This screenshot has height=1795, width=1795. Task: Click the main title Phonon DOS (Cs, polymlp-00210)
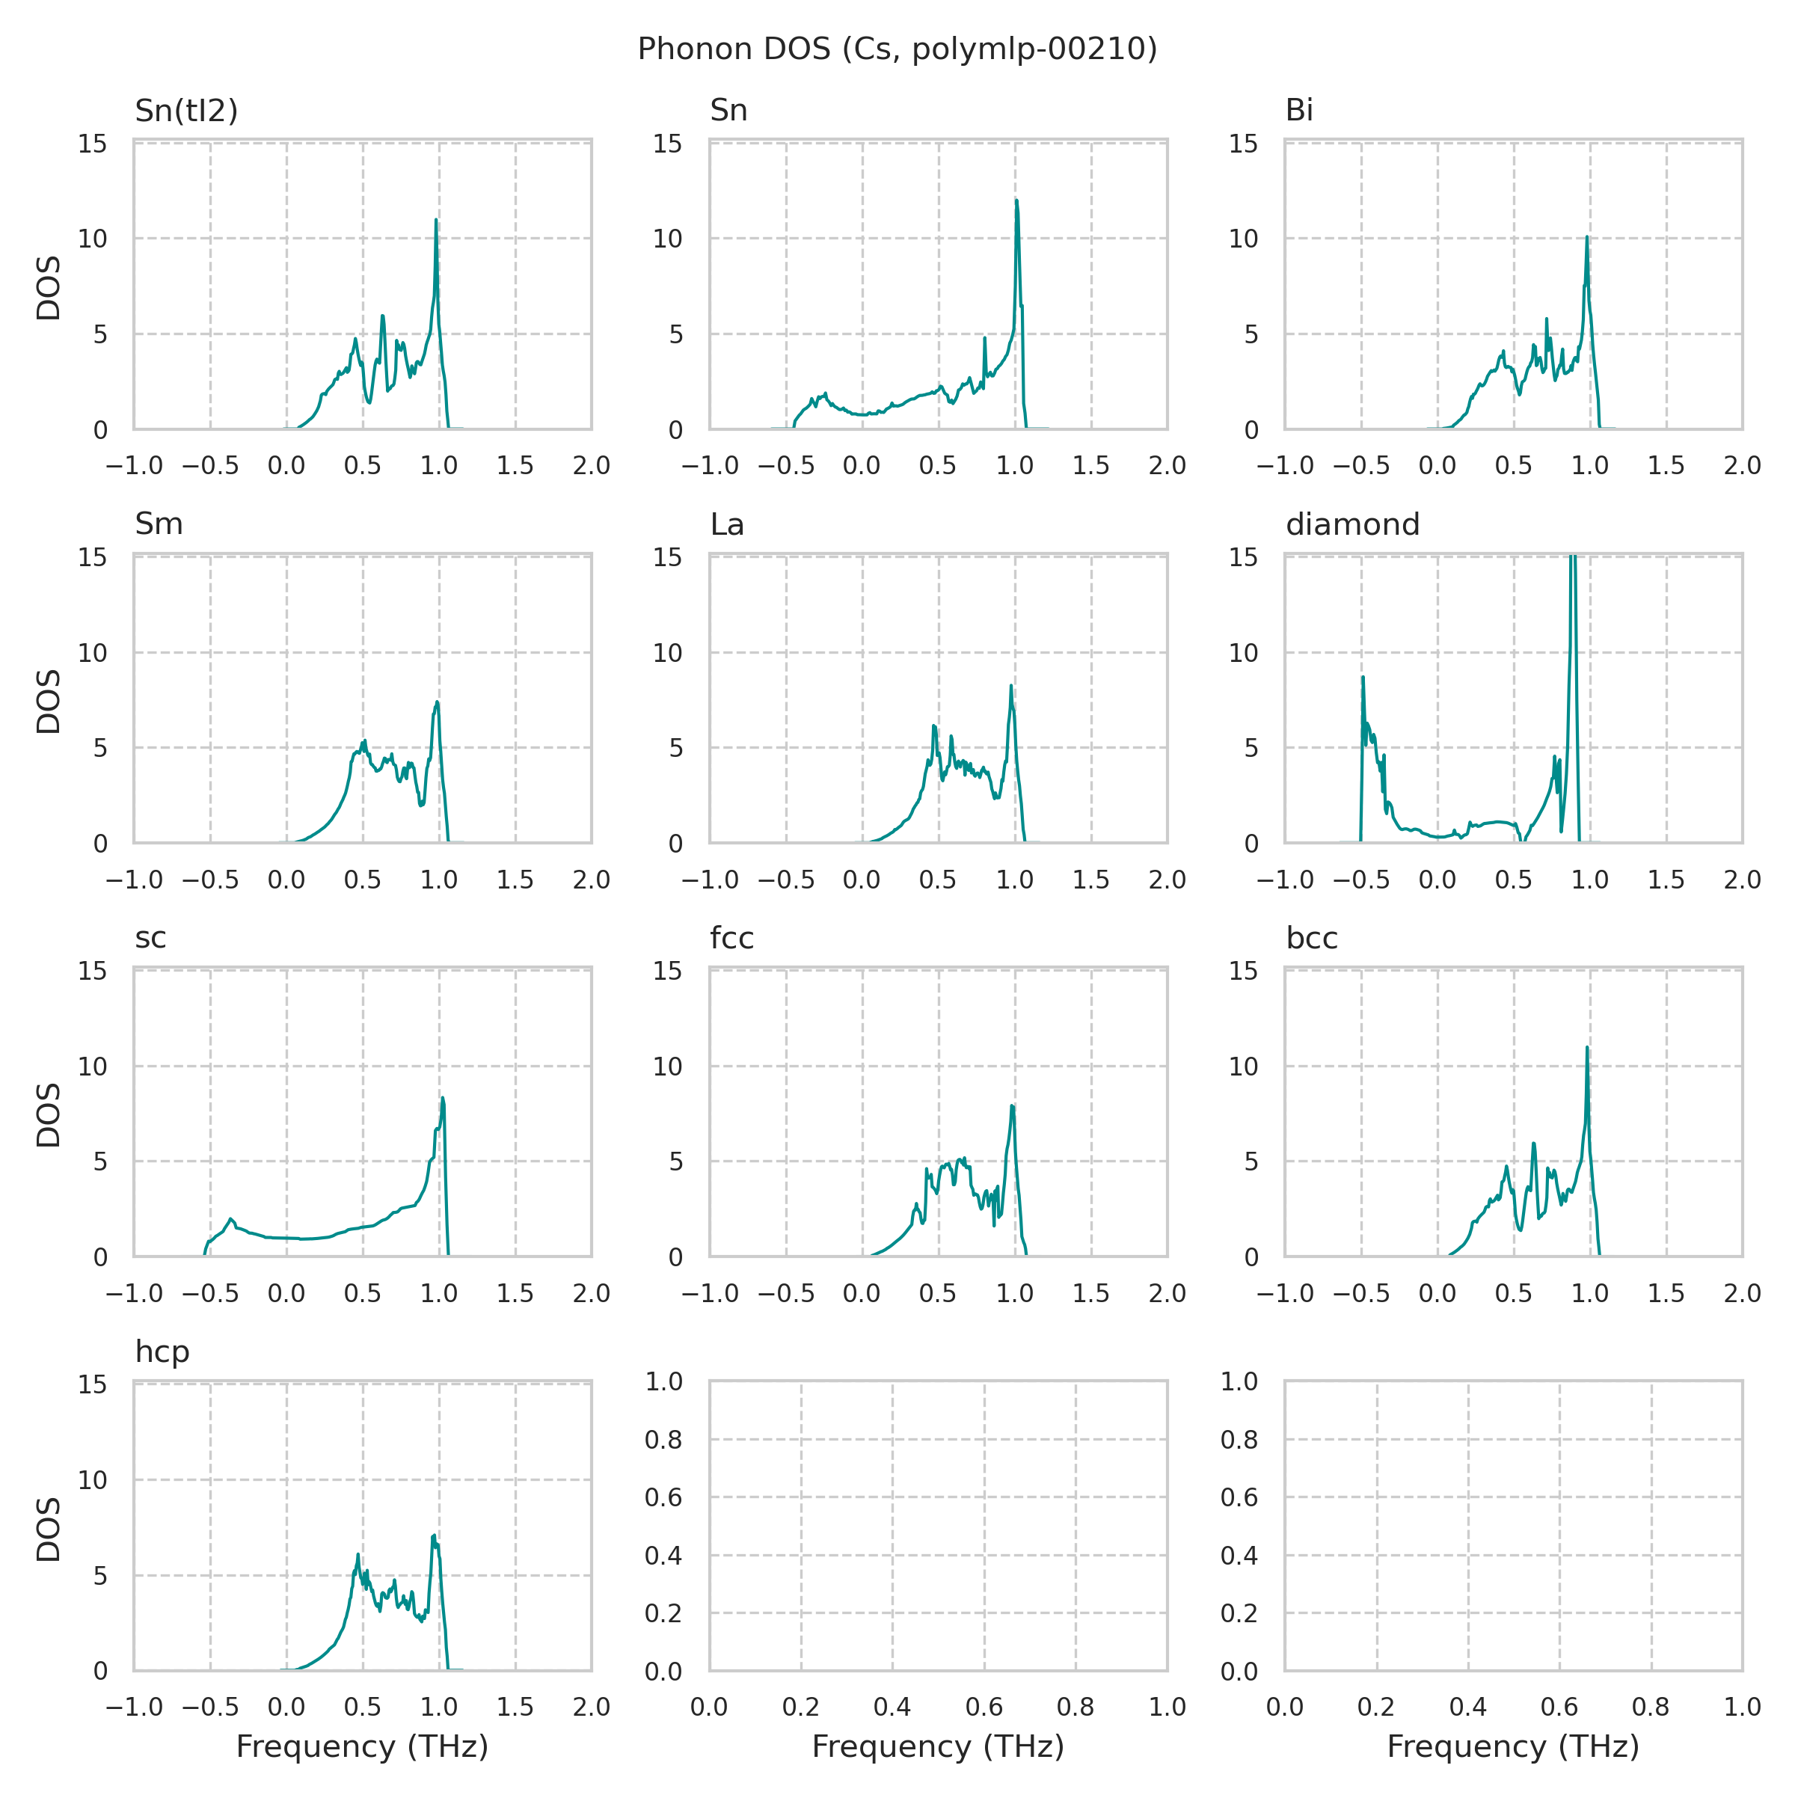pyautogui.click(x=897, y=49)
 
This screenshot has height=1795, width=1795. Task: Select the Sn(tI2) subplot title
pyautogui.click(x=185, y=111)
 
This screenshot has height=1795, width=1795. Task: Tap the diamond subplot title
pyautogui.click(x=1353, y=525)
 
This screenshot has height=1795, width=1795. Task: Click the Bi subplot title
pyautogui.click(x=1299, y=111)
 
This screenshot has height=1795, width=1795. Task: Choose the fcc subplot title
pyautogui.click(x=731, y=939)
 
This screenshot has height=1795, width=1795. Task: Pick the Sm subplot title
pyautogui.click(x=159, y=525)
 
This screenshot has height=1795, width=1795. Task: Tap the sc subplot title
pyautogui.click(x=150, y=939)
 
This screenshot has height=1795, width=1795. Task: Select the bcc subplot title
pyautogui.click(x=1311, y=939)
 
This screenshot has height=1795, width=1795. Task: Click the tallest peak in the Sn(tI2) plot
pyautogui.click(x=436, y=220)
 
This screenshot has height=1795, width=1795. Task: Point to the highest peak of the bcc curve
pyautogui.click(x=1587, y=1048)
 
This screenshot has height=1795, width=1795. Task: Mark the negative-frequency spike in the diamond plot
pyautogui.click(x=1363, y=678)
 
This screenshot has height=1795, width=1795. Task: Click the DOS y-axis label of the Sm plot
pyautogui.click(x=49, y=701)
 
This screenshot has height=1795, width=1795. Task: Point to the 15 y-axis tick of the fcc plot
pyautogui.click(x=667, y=971)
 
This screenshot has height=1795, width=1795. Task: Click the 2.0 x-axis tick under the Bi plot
pyautogui.click(x=1741, y=467)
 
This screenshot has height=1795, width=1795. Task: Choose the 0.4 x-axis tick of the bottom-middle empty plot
pyautogui.click(x=892, y=1707)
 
